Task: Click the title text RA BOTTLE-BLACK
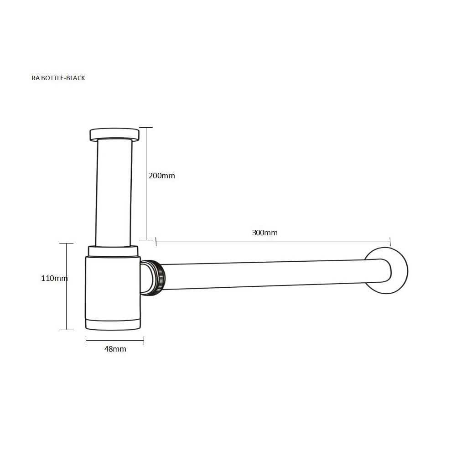(58, 78)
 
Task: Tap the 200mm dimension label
(162, 176)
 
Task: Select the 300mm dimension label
(264, 233)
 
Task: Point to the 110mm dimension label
(54, 278)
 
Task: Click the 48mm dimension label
(115, 349)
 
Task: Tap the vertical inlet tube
(114, 192)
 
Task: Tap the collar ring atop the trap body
(113, 250)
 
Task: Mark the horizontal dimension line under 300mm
(274, 242)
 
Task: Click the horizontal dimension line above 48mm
(115, 340)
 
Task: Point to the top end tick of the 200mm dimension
(146, 128)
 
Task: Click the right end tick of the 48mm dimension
(144, 340)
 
